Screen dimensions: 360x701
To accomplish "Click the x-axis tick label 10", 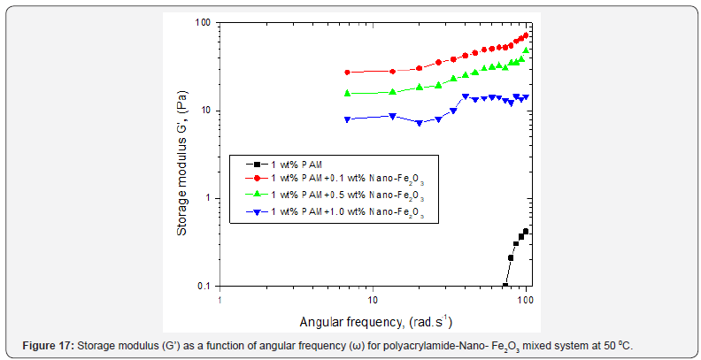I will [x=373, y=300].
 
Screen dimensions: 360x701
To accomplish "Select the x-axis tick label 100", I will [x=526, y=300].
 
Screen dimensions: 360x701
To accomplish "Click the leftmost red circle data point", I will [x=348, y=73].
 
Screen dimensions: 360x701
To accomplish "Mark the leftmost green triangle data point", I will [x=348, y=93].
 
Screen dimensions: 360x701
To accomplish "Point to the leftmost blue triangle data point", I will [x=348, y=119].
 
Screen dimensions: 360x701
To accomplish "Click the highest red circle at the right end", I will [x=526, y=35].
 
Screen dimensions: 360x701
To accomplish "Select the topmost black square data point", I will [x=526, y=232].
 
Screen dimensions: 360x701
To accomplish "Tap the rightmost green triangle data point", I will [x=526, y=50].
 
